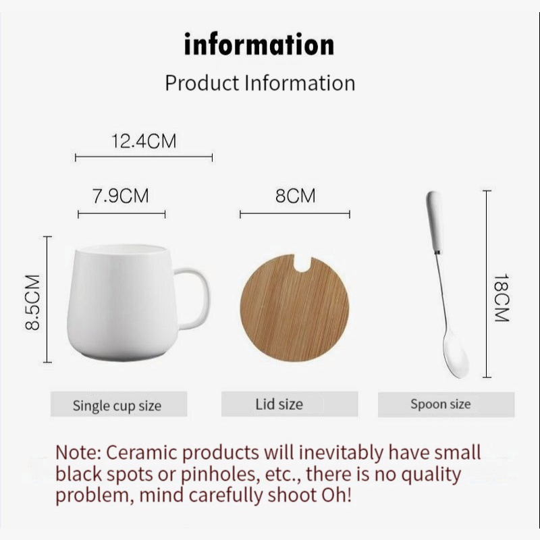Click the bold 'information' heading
pos(259,44)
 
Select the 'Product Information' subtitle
pos(260,83)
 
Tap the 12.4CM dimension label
pos(144,141)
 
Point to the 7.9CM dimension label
pos(121,196)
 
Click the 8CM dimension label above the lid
pos(295,196)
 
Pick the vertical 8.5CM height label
pos(33,302)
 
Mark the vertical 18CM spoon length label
pos(502,298)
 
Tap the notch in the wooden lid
pos(302,263)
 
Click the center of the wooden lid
pos(294,308)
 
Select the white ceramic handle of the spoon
pos(435,222)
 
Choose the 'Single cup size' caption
pos(117,406)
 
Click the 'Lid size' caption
pos(279,404)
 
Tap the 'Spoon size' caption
pos(441,404)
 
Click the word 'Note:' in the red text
pos(78,452)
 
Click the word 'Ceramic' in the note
pos(141,452)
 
